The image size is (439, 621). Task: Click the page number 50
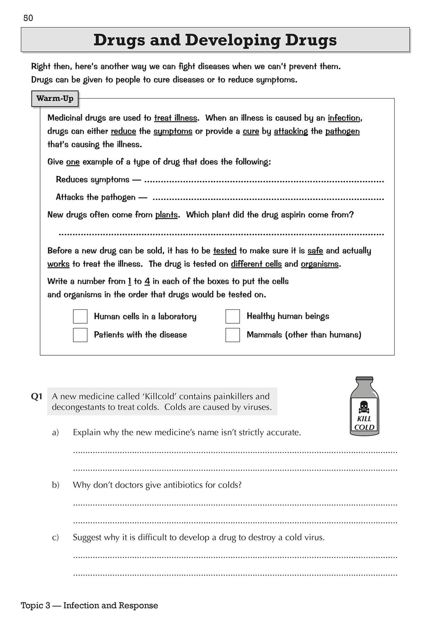(x=28, y=18)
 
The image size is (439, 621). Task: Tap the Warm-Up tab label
(x=55, y=99)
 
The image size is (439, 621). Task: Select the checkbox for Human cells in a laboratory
(x=80, y=316)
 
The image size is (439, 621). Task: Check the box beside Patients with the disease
(x=80, y=335)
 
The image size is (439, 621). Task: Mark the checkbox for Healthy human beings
(x=233, y=316)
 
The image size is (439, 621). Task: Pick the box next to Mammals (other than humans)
(x=233, y=335)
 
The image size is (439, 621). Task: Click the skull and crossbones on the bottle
(x=364, y=406)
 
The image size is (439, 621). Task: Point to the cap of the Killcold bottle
(x=364, y=379)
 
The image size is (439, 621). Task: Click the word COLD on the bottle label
(x=364, y=427)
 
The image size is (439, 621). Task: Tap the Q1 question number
(x=36, y=397)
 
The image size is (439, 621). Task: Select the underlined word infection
(x=344, y=118)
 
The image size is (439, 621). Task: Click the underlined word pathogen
(x=342, y=131)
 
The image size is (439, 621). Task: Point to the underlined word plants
(x=166, y=215)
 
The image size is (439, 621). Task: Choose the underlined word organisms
(x=320, y=264)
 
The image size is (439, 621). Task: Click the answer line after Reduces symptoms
(x=264, y=181)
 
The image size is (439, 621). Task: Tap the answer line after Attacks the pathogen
(x=268, y=199)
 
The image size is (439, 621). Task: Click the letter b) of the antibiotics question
(x=56, y=485)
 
